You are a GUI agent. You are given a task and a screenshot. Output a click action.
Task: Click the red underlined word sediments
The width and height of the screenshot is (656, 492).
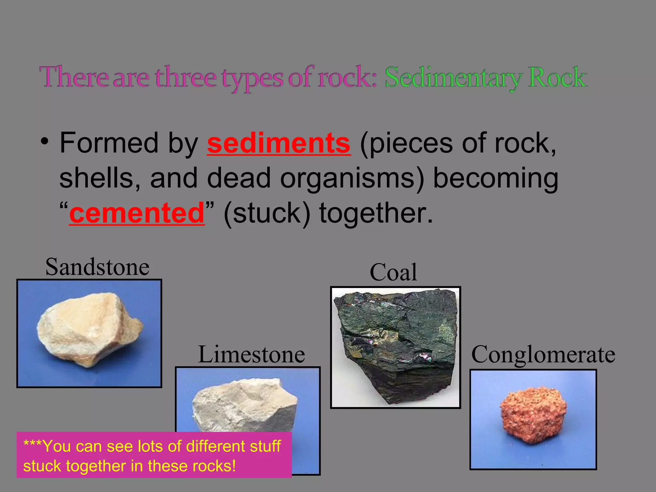click(x=278, y=143)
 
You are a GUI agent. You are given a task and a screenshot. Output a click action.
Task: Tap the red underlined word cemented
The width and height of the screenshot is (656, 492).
click(x=137, y=213)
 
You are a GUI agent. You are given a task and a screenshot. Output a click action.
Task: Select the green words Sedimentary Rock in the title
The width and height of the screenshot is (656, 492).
click(x=486, y=78)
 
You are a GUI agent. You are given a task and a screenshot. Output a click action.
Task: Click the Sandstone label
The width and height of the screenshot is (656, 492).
click(x=97, y=267)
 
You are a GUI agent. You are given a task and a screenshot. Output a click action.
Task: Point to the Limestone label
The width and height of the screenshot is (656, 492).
click(x=251, y=354)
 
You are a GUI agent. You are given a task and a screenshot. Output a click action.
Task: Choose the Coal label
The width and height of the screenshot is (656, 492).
click(x=393, y=272)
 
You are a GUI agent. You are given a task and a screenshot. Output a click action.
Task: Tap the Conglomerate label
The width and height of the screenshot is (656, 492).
click(x=543, y=354)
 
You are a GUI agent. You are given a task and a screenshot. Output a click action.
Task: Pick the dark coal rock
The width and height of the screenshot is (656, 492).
click(x=396, y=344)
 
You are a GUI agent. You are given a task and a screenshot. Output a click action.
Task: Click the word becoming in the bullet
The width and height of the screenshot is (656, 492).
click(x=496, y=179)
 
